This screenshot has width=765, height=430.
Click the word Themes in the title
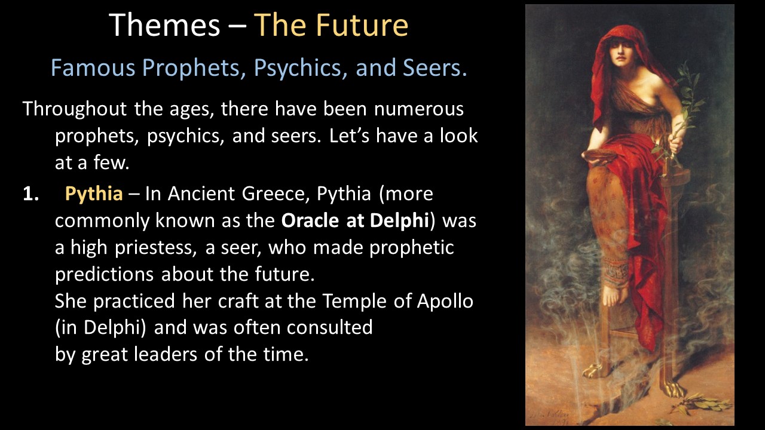[164, 25]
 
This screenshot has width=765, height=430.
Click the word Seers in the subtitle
[434, 67]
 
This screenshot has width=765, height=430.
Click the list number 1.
[30, 194]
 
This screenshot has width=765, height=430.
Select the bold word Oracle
[310, 220]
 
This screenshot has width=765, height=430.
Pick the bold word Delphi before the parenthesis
[399, 221]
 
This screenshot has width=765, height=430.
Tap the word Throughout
[75, 109]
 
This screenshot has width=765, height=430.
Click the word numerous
[419, 109]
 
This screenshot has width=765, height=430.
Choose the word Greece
[271, 193]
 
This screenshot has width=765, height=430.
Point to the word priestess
[155, 248]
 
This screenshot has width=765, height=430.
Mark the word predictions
[104, 275]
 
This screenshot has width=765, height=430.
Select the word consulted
[329, 328]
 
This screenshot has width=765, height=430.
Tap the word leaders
[166, 354]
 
